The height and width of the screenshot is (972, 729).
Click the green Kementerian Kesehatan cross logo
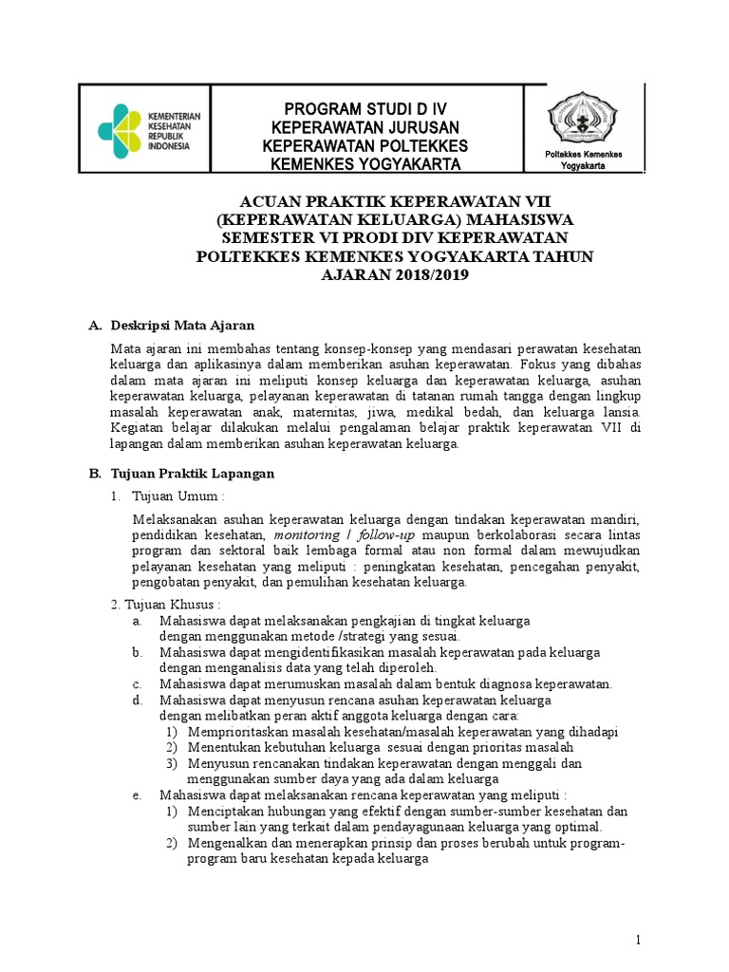(121, 131)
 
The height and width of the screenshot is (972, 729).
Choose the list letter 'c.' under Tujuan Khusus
(138, 683)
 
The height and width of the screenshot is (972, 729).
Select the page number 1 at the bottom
(640, 939)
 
